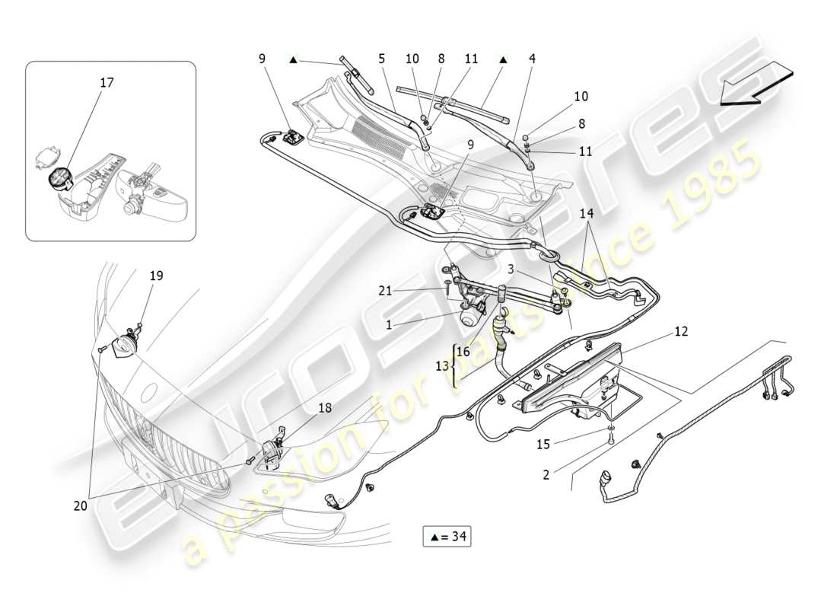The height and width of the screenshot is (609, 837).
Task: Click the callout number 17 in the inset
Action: (107, 82)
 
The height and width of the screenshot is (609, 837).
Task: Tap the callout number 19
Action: (155, 276)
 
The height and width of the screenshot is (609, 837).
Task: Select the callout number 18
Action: (325, 408)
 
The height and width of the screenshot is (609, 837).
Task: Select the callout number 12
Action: (680, 332)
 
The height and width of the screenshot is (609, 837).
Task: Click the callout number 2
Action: (545, 475)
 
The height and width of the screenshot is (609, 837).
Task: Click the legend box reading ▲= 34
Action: (447, 537)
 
